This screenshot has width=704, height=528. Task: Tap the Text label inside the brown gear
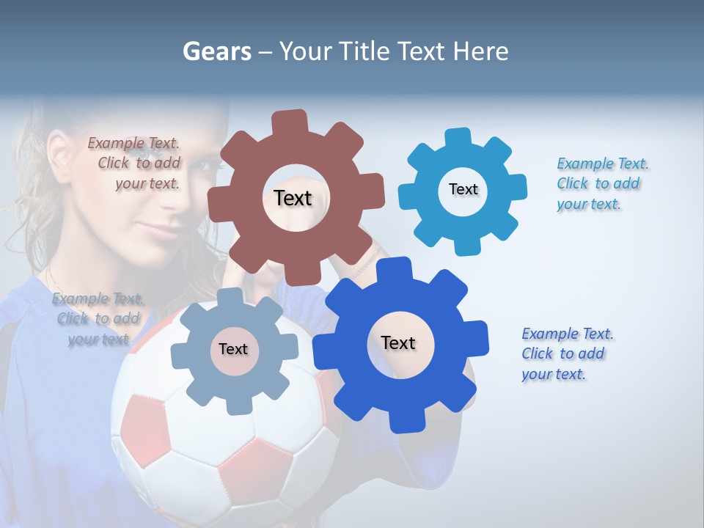pos(293,198)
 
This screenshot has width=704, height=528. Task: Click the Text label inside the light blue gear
pos(463,189)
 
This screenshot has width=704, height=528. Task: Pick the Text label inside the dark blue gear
pos(398,342)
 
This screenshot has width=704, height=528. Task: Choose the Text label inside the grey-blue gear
pos(232,349)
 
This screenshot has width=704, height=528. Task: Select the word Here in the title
pos(481,52)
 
